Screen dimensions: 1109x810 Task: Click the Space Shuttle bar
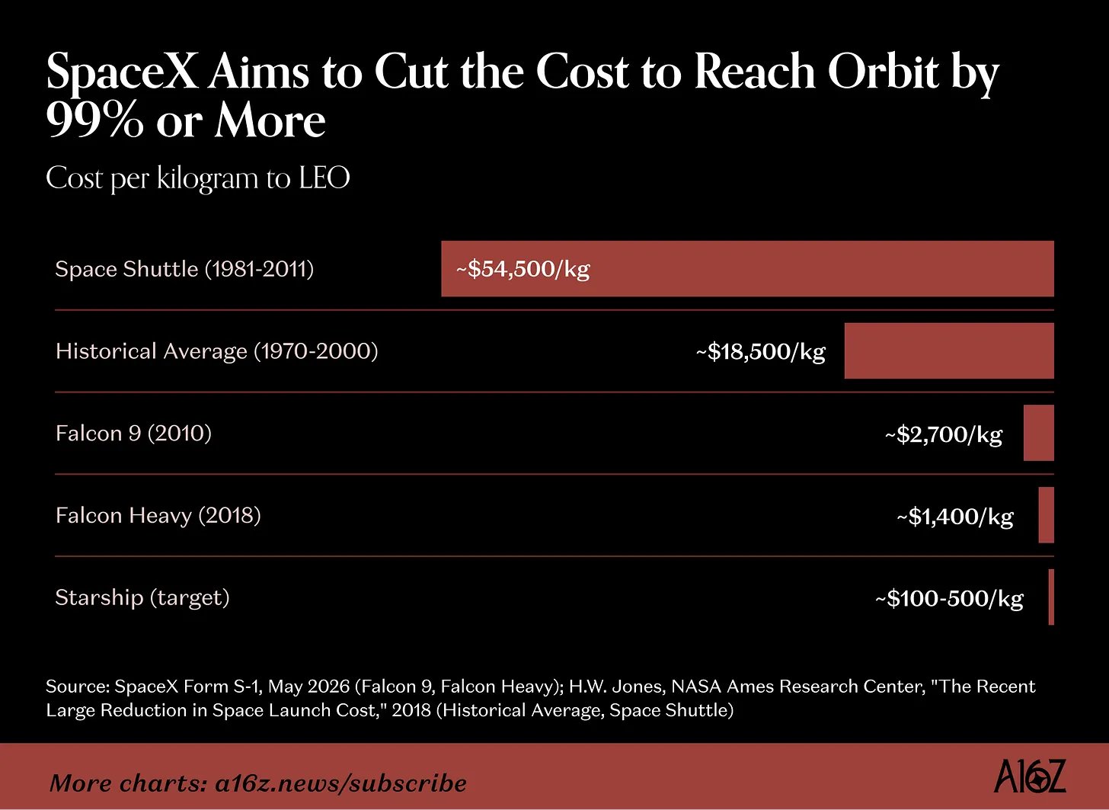click(x=748, y=268)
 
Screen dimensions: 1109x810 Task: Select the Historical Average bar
click(x=949, y=351)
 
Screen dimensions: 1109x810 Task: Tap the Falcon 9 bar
click(x=1039, y=433)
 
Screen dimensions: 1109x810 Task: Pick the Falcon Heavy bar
click(x=1046, y=515)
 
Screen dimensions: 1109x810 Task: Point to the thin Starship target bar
click(x=1052, y=597)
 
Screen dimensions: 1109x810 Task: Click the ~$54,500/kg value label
click(x=523, y=270)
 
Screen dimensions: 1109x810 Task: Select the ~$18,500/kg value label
click(x=760, y=352)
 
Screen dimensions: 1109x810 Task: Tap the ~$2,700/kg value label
click(x=944, y=434)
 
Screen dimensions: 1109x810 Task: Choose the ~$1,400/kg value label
click(x=955, y=517)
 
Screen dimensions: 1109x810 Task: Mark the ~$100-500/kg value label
click(x=949, y=598)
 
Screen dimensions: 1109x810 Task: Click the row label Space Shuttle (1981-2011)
click(x=184, y=269)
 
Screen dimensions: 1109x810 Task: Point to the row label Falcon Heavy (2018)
click(x=158, y=516)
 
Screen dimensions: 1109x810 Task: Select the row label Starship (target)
click(x=142, y=598)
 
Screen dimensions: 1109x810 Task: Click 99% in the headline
click(x=94, y=120)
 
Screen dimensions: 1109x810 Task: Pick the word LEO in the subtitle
click(x=324, y=178)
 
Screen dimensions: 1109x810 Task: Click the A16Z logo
click(x=1030, y=775)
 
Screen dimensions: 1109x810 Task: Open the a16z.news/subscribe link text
click(x=340, y=783)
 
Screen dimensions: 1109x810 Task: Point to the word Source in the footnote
click(x=77, y=687)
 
